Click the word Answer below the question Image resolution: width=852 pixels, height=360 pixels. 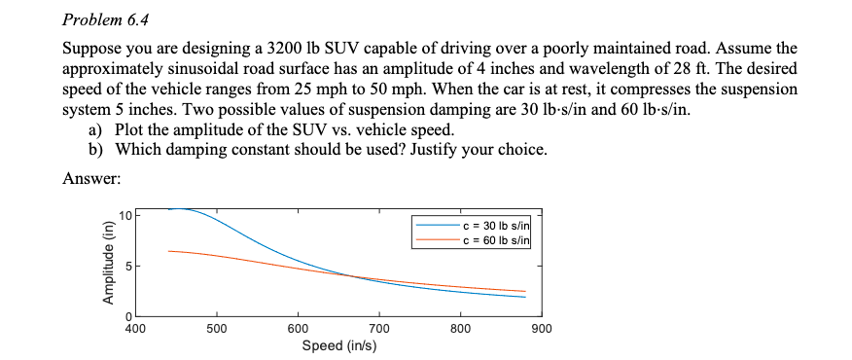pos(90,178)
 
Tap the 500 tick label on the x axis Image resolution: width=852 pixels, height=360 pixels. pos(217,329)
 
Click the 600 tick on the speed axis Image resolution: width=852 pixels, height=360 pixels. pos(299,329)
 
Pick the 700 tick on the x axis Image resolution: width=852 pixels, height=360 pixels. pos(379,329)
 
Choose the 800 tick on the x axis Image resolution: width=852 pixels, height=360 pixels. pos(461,329)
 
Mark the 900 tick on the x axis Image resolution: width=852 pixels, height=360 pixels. pos(543,329)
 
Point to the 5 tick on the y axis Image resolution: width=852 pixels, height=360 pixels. pos(126,266)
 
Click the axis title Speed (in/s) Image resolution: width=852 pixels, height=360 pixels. pos(339,345)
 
